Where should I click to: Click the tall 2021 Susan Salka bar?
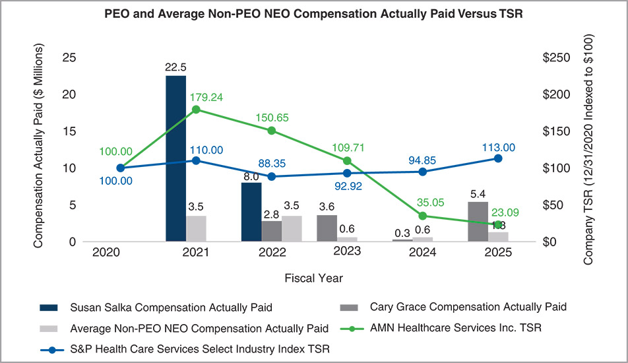[x=175, y=158]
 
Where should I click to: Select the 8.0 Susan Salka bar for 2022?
[x=251, y=212]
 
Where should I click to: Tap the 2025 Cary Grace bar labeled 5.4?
[x=478, y=222]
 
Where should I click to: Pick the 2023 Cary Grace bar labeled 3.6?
[x=327, y=228]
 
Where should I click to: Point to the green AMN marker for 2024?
[x=422, y=216]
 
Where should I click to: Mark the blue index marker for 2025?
[x=498, y=158]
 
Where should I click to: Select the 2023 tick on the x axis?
[x=347, y=252]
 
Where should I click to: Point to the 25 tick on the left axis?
[x=68, y=57]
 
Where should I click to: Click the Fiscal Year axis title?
[x=313, y=278]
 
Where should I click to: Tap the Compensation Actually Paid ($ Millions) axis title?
[x=38, y=147]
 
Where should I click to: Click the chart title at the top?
[x=313, y=15]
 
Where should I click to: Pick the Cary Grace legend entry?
[x=468, y=307]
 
